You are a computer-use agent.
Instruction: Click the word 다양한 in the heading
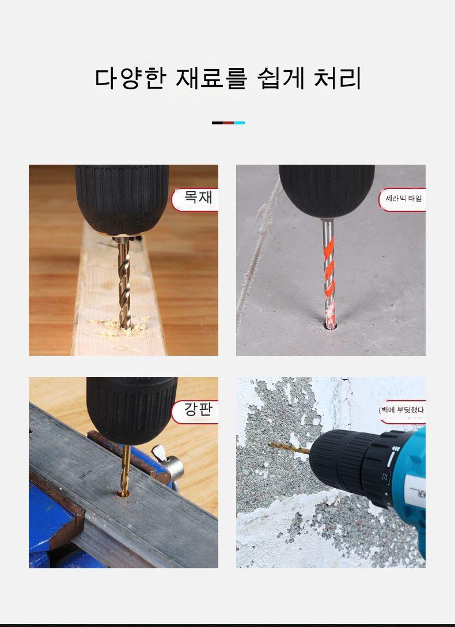click(x=130, y=78)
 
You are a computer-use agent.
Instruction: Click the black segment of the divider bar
click(x=217, y=123)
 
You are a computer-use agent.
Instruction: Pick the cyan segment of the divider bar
click(x=239, y=123)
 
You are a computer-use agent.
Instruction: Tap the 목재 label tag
click(x=195, y=199)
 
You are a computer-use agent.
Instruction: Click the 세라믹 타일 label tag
click(x=402, y=199)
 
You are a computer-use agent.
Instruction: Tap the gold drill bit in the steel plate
click(x=125, y=470)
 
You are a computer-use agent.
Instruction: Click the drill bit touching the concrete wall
click(x=289, y=448)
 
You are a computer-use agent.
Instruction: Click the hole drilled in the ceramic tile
click(x=330, y=325)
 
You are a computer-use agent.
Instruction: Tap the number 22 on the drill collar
click(x=386, y=477)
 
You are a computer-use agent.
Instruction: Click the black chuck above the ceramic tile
click(x=327, y=191)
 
